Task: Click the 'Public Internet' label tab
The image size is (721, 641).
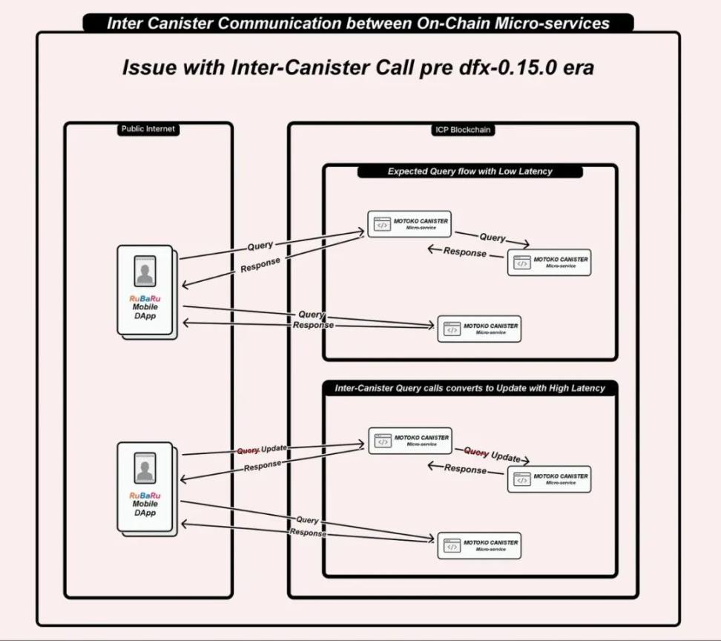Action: (148, 129)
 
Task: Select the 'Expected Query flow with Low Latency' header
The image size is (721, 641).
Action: (470, 171)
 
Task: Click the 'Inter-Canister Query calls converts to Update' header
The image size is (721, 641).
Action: (470, 388)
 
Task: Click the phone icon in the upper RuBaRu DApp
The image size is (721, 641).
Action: (145, 272)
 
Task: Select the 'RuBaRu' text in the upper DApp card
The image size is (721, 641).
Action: (145, 298)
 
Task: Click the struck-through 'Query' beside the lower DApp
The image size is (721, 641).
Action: (248, 450)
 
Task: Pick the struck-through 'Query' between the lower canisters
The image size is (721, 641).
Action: (476, 453)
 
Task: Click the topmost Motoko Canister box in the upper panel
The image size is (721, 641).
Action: (409, 223)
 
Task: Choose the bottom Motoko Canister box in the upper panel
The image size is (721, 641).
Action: (479, 329)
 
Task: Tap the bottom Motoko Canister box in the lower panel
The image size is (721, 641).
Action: (479, 545)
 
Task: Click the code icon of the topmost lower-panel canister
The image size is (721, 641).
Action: (383, 441)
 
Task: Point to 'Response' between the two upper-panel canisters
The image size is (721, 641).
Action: (465, 252)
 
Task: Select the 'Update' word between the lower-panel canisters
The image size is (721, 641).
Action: (506, 457)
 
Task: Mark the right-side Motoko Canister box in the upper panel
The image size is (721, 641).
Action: (549, 263)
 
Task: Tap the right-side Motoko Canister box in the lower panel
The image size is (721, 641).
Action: (549, 479)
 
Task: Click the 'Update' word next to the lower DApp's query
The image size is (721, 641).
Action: (274, 448)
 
